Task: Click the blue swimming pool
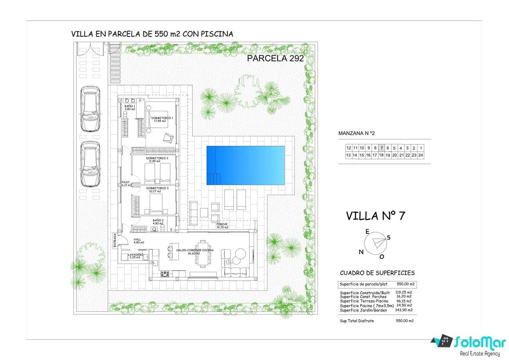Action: tap(245, 165)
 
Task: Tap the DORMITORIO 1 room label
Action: tap(162, 119)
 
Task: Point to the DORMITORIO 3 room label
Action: tap(157, 190)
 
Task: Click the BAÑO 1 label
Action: tap(130, 108)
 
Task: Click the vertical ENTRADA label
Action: tap(115, 241)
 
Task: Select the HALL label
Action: tap(137, 241)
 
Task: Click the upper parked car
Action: tap(90, 109)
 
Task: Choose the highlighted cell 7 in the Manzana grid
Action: tap(381, 148)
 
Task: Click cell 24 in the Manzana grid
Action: tap(421, 155)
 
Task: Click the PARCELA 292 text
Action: tap(275, 58)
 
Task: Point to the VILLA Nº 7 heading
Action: tap(375, 216)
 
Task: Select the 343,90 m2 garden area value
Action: tap(403, 310)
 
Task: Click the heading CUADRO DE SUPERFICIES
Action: tap(377, 273)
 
